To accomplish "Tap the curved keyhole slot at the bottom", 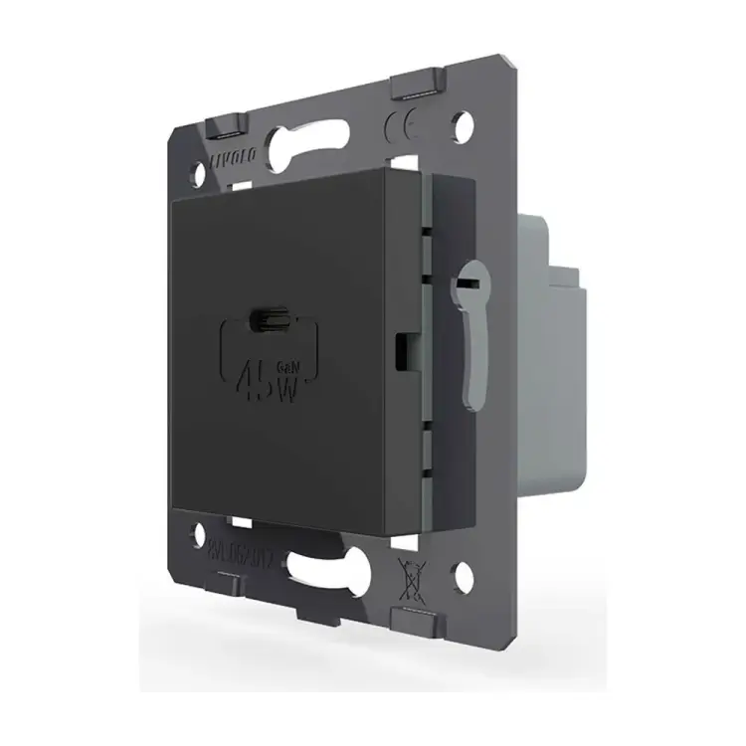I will pyautogui.click(x=328, y=572).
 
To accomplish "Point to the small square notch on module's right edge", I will pyautogui.click(x=402, y=347).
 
